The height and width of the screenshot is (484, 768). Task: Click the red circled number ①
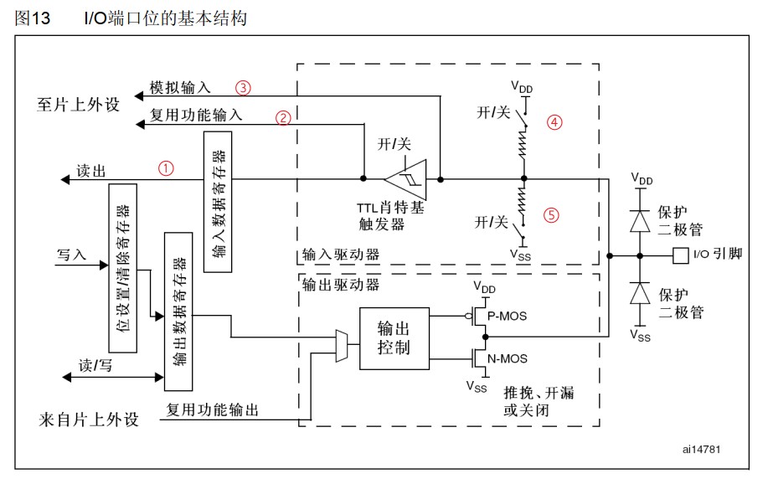(x=167, y=167)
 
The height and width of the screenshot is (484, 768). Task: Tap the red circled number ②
(x=284, y=118)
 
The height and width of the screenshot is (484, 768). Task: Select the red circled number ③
(x=243, y=87)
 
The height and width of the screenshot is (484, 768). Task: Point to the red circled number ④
(x=554, y=121)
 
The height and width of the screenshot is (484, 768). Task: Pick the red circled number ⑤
(x=550, y=214)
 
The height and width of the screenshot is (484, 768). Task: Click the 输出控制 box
(x=393, y=338)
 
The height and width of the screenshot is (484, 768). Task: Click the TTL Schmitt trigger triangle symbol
(x=405, y=178)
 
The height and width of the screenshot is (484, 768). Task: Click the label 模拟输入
(x=180, y=87)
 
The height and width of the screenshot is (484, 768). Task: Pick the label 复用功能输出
(x=212, y=410)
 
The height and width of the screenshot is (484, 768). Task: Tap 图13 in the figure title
(x=33, y=17)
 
